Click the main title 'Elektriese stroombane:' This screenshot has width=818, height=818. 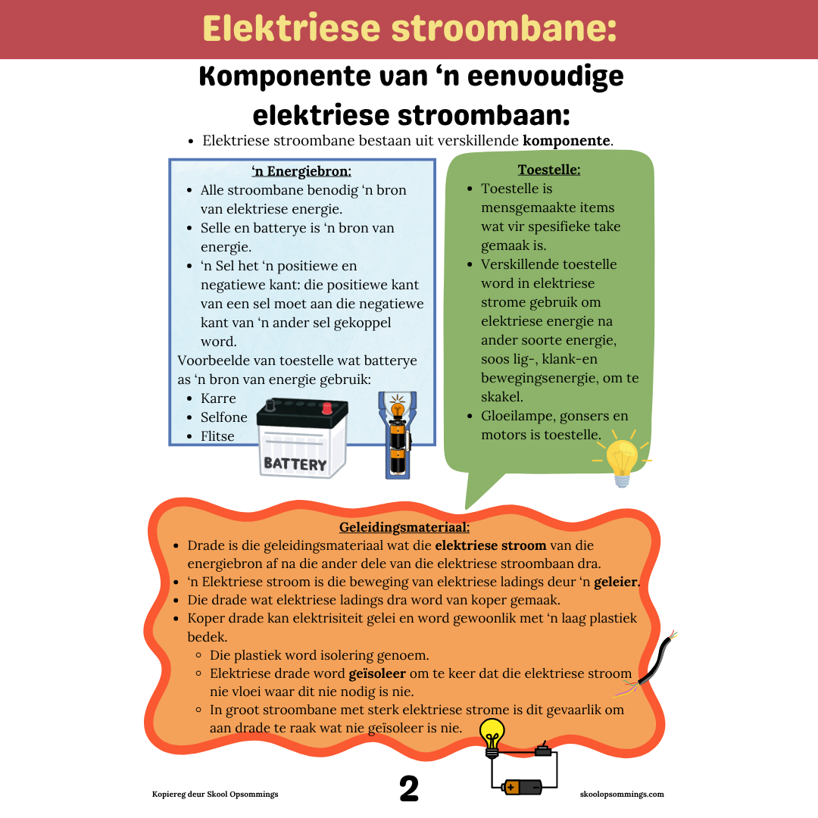coord(409,29)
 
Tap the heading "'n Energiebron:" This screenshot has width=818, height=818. coord(301,170)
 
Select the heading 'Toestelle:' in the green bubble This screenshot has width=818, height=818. coord(549,169)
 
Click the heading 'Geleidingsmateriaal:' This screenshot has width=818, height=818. coord(404,526)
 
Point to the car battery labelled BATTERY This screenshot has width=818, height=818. coord(301,439)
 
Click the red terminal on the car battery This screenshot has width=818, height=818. coord(327,408)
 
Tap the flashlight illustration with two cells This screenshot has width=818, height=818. coord(396,436)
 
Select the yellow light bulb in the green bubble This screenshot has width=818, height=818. coord(622,461)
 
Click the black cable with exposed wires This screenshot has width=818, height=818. coord(648,663)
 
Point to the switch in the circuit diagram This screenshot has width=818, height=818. coord(542,751)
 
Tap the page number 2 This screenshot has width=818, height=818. coord(409,788)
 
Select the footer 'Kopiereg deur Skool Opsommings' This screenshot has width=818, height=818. coord(215,794)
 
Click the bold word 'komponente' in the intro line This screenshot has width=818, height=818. coord(567,141)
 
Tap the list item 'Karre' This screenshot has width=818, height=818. coord(218,398)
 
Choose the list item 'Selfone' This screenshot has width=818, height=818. coord(223,417)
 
